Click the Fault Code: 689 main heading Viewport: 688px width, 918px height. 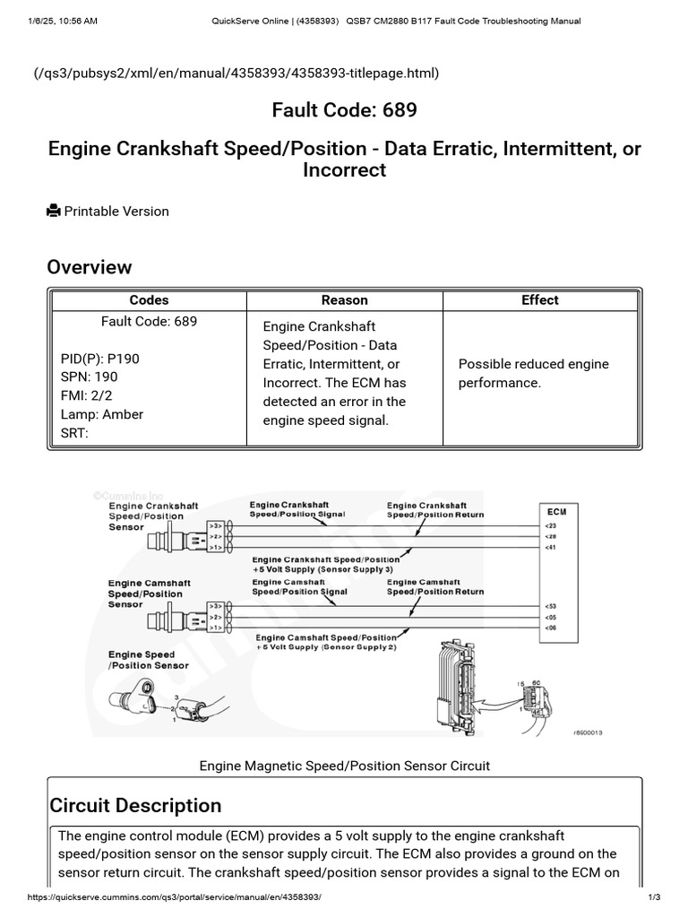pos(344,110)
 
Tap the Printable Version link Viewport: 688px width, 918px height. pos(116,212)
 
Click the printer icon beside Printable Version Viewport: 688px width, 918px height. pos(54,212)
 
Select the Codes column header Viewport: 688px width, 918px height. pos(149,300)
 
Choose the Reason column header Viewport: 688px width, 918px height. pos(344,300)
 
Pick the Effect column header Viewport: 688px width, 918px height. pos(539,300)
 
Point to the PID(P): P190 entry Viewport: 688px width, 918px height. pos(99,359)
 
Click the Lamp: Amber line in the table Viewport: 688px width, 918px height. pos(101,414)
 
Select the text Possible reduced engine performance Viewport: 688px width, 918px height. pos(533,373)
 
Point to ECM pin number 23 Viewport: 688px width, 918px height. pos(550,526)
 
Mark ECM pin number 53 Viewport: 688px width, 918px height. pos(550,606)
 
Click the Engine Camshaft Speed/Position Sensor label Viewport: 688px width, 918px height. pos(149,593)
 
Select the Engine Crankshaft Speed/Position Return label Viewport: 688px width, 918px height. pos(435,510)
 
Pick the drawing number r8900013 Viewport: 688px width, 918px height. pos(588,732)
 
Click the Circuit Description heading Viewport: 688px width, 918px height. pos(135,805)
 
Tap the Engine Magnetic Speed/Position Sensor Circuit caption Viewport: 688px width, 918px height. pos(344,766)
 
